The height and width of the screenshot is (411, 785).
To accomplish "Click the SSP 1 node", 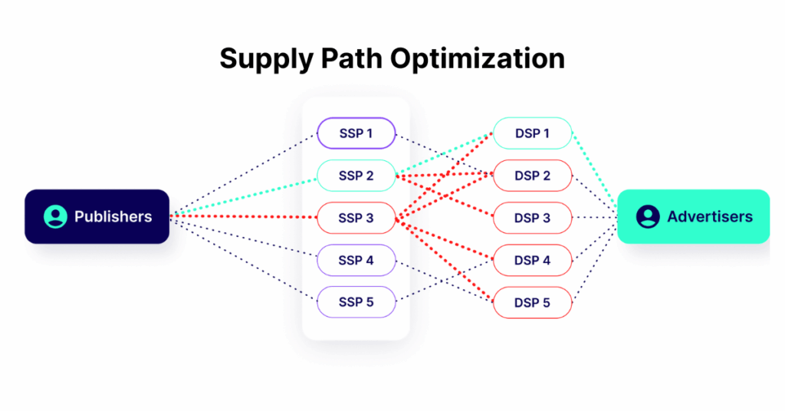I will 356,133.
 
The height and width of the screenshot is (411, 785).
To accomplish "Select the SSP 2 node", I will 356,176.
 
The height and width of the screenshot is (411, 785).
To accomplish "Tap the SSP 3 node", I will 356,219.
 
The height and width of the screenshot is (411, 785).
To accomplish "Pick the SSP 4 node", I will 356,261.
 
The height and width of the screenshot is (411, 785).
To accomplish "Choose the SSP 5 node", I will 356,302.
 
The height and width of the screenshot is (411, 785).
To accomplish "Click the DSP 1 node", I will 532,133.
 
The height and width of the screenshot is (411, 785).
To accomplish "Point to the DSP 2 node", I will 532,176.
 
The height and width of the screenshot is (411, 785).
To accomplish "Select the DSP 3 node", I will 532,219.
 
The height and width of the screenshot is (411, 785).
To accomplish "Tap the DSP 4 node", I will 532,261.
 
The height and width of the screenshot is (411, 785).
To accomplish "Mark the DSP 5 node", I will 532,303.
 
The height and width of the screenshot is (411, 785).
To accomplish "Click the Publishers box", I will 97,216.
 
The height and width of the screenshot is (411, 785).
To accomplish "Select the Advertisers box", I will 693,216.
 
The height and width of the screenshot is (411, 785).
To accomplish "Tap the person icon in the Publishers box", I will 55,216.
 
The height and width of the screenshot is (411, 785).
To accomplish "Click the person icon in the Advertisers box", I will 648,216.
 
